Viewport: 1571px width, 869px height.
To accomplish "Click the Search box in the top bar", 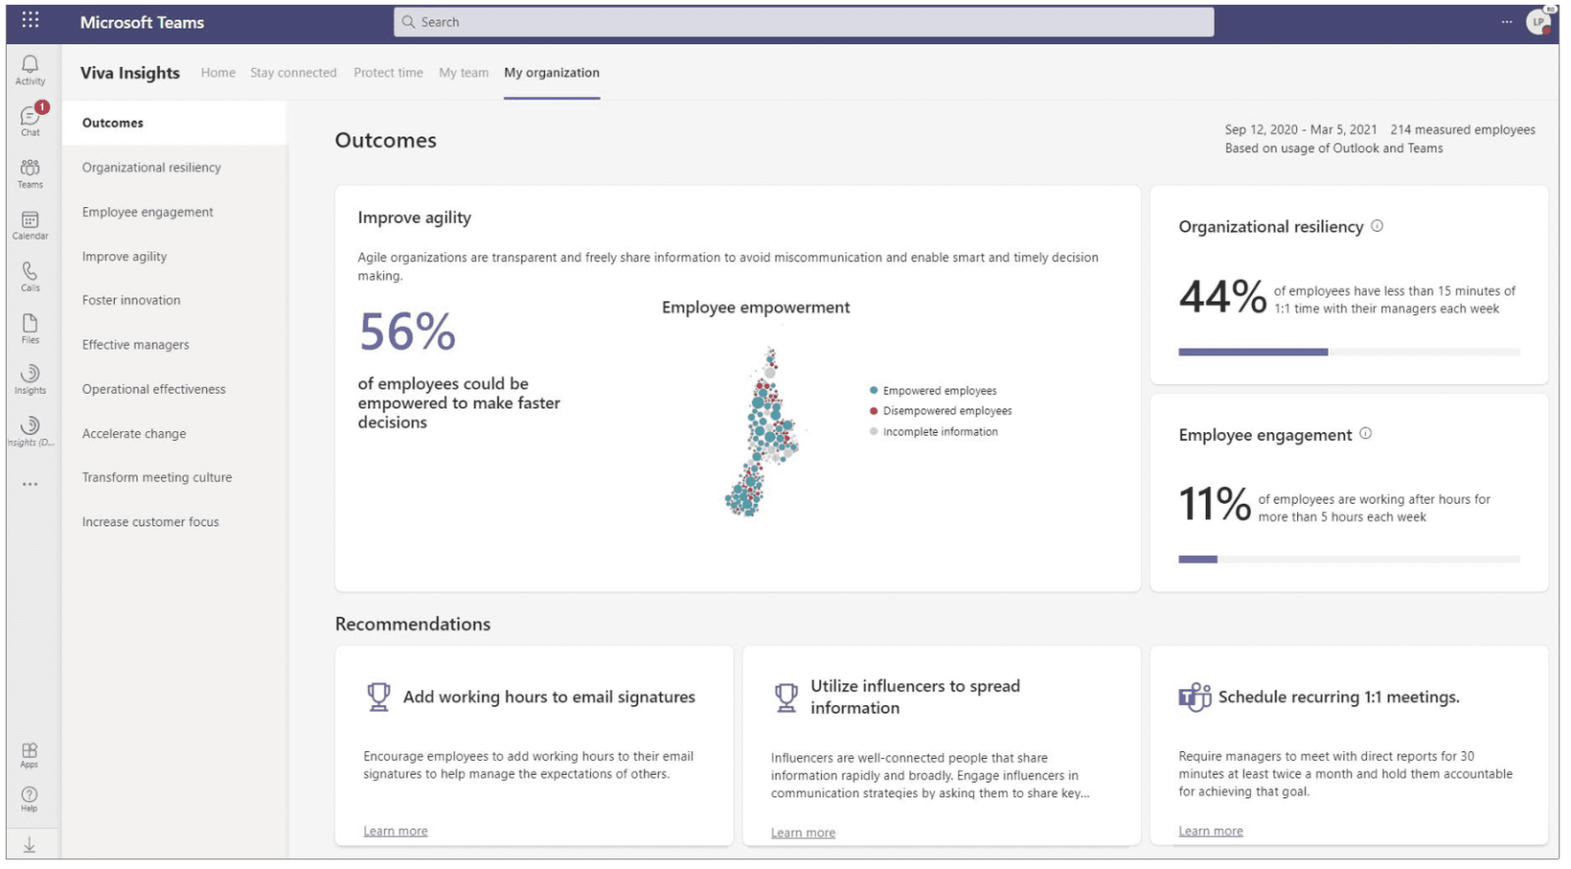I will point(803,22).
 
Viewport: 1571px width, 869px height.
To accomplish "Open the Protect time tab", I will point(388,73).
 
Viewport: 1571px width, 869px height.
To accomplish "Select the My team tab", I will point(463,73).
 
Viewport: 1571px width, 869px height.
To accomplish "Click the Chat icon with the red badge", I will point(30,117).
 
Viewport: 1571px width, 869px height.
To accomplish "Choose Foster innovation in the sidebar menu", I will point(132,300).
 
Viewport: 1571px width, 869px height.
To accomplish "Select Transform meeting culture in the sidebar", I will point(157,477).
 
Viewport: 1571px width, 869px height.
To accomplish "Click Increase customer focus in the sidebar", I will point(150,522).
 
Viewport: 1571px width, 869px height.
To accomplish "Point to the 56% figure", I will point(407,332).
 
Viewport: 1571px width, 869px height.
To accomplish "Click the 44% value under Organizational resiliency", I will point(1222,297).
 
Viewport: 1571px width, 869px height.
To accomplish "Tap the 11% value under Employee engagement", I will point(1215,505).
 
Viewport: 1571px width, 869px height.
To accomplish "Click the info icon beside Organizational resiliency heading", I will point(1378,226).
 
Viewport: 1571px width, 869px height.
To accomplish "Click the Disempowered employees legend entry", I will point(947,411).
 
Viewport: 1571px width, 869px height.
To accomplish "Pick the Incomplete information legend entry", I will point(940,432).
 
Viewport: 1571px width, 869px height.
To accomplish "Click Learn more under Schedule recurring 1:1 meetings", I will point(1211,831).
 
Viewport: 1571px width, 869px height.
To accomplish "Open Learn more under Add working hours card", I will point(396,831).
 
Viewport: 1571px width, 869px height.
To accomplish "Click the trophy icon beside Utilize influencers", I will point(786,697).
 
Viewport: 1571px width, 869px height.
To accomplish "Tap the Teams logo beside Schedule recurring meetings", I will point(1195,697).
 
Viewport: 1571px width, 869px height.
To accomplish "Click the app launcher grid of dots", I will point(30,21).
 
